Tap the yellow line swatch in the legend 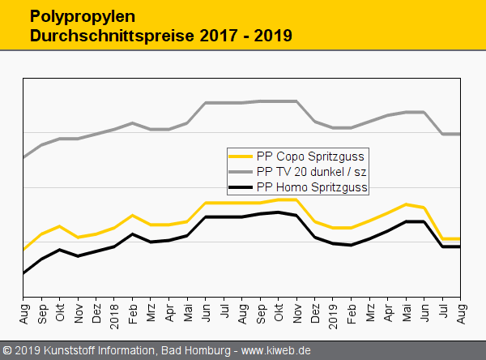pyautogui.click(x=241, y=156)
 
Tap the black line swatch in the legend pyautogui.click(x=241, y=187)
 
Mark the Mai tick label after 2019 pyautogui.click(x=407, y=311)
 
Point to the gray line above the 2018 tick pyautogui.click(x=114, y=128)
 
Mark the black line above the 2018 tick pyautogui.click(x=114, y=246)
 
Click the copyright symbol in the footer pyautogui.click(x=7, y=350)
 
